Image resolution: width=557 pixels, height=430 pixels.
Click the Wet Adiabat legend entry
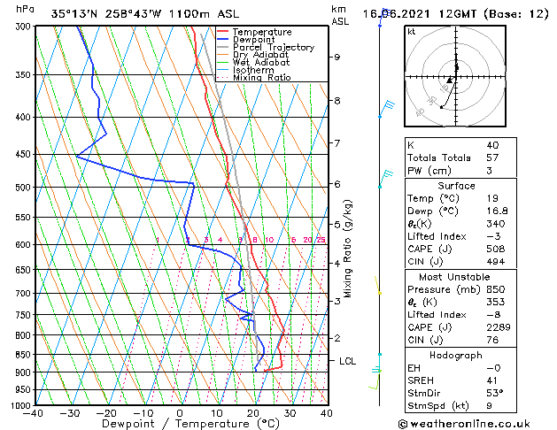pos(258,62)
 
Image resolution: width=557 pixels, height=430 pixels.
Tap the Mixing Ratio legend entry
pos(261,77)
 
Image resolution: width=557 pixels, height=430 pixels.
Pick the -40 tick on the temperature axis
pos(34,413)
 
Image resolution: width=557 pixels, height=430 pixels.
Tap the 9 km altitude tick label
pos(337,58)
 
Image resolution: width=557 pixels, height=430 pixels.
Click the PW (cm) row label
pos(429,171)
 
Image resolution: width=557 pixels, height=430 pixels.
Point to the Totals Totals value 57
pos(492,157)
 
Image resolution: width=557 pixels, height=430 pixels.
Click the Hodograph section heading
pos(456,356)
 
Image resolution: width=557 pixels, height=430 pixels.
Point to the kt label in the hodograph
pos(411,32)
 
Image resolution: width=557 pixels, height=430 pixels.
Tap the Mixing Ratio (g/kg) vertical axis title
pos(348,248)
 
